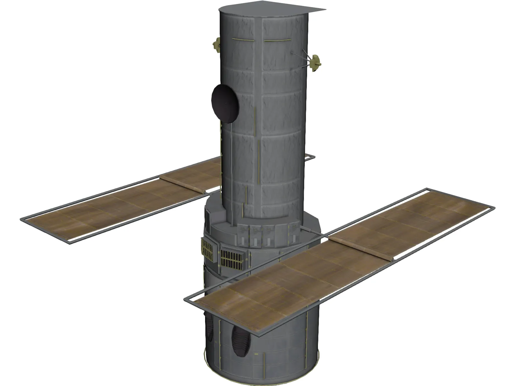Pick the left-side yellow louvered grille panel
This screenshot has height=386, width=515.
(207, 249)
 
